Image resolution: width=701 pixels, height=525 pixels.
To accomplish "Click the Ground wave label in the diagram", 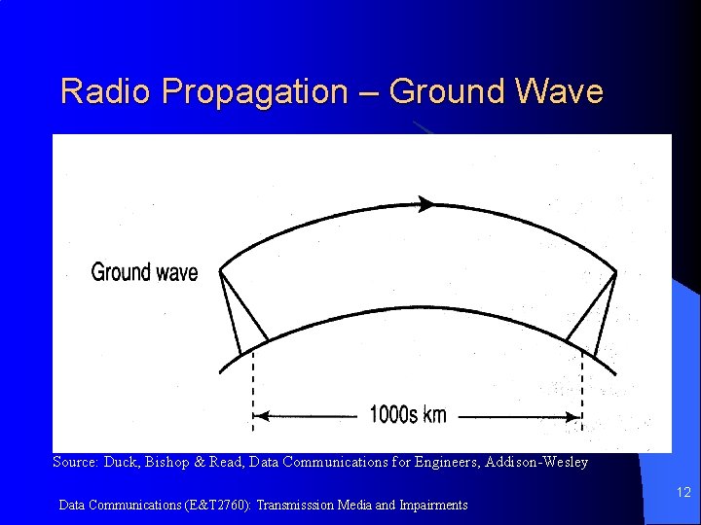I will pos(144,272).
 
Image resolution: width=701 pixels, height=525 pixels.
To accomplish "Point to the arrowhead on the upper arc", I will pos(424,204).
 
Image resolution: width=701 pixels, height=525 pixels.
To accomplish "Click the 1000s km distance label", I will pos(408,415).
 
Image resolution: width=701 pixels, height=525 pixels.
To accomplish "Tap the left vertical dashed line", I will pos(253,389).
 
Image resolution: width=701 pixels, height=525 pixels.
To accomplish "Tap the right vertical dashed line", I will pos(582,389).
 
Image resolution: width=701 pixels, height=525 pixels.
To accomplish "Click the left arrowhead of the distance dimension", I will pos(260,416).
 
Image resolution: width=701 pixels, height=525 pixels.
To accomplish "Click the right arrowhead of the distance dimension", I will pos(575,416).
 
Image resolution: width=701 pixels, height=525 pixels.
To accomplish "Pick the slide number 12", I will pos(683,493).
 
